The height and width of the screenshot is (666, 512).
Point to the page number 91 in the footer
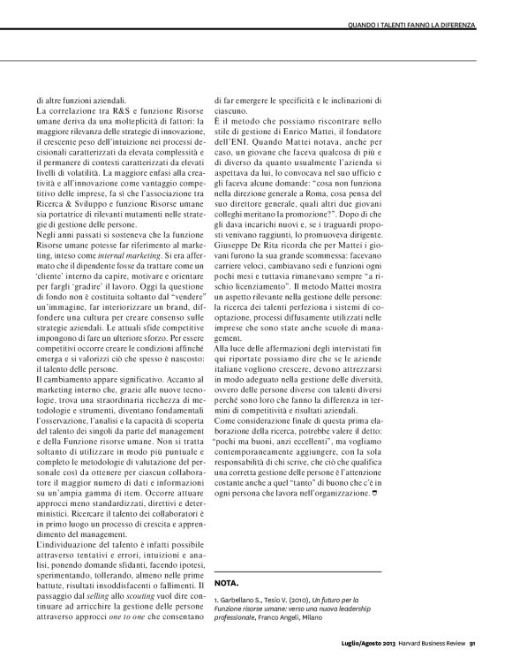[473, 654]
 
